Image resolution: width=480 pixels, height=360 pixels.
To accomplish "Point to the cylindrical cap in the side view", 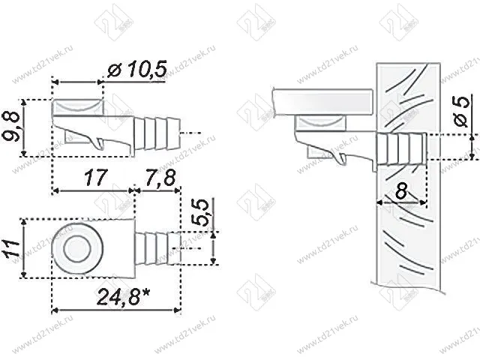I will [x=77, y=106].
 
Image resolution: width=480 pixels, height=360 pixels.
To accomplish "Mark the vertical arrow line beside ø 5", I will [x=474, y=147].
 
